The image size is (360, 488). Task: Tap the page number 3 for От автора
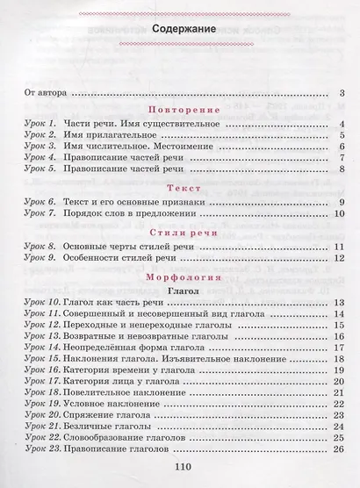[x=339, y=93]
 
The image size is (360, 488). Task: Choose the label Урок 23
[x=42, y=450]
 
